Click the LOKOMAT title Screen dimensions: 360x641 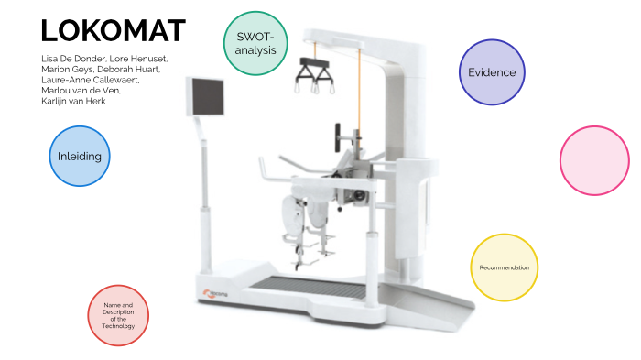[114, 30]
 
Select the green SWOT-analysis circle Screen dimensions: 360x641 [255, 43]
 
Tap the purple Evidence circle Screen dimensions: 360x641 [491, 72]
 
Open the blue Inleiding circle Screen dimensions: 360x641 [79, 156]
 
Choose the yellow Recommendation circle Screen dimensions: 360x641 [504, 267]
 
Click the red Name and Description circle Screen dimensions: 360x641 [118, 315]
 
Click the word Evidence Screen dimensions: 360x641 [491, 72]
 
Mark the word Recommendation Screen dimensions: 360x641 [504, 267]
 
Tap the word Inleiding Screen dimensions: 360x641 [79, 156]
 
